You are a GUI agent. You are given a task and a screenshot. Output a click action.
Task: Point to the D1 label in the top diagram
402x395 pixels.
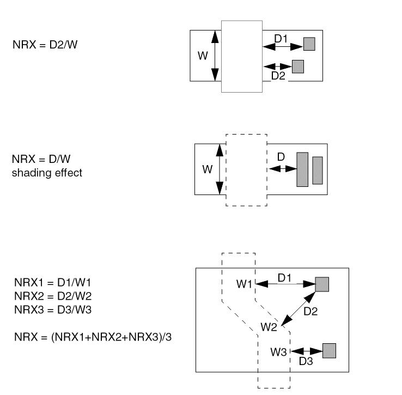point(281,39)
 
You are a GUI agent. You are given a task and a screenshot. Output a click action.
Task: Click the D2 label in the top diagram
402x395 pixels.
point(278,76)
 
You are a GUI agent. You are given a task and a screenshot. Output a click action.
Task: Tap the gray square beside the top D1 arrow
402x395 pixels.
point(309,44)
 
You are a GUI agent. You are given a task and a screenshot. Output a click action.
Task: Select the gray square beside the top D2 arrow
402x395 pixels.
point(298,66)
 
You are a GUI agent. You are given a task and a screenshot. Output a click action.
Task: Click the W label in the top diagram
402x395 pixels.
point(203,56)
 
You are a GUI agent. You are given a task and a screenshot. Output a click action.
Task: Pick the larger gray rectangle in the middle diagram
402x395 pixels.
point(302,169)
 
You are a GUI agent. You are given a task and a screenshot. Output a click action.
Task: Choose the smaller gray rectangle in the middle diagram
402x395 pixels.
point(318,169)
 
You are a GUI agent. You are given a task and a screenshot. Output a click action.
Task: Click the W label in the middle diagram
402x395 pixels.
point(207,169)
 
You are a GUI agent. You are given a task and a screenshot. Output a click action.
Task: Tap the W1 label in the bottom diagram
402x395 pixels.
point(244,284)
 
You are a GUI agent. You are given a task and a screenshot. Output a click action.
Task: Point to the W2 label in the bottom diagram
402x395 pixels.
point(269,327)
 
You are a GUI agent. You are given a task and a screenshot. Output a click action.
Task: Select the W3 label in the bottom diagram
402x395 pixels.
point(278,351)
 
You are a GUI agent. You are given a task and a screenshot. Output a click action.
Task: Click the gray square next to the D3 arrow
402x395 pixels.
point(330,350)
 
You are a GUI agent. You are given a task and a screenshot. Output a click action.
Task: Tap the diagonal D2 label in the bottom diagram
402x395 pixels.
point(310,312)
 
